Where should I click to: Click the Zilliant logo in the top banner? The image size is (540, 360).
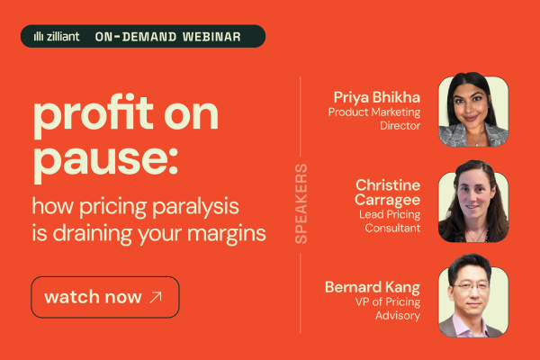(56, 37)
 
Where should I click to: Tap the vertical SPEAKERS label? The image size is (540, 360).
(301, 203)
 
